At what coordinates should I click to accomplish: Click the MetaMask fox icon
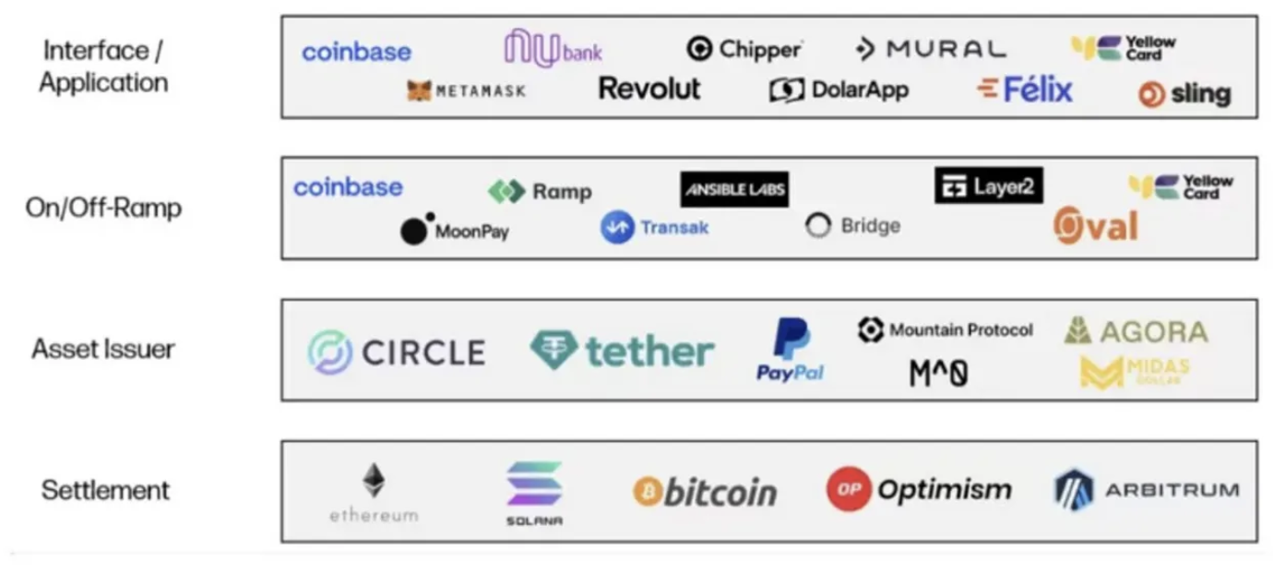(420, 90)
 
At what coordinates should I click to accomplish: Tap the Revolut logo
(649, 89)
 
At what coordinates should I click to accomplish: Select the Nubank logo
(553, 48)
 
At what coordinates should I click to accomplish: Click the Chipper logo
(744, 49)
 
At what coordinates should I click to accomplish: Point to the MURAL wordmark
(946, 49)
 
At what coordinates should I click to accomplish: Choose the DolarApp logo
(839, 90)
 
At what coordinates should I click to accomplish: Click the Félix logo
(1025, 90)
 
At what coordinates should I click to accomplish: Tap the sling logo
(1185, 94)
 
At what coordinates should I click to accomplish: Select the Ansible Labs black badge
(734, 189)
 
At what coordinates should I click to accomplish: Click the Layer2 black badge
(989, 185)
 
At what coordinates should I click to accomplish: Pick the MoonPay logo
(455, 229)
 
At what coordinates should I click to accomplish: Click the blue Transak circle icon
(617, 227)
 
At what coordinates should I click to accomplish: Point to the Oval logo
(1096, 225)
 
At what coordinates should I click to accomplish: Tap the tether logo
(622, 351)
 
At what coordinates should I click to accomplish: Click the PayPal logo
(790, 349)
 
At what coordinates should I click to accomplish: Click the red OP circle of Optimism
(849, 489)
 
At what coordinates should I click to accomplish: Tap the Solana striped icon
(534, 484)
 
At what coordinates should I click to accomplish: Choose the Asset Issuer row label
(103, 349)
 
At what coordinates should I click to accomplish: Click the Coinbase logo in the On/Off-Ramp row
(348, 187)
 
